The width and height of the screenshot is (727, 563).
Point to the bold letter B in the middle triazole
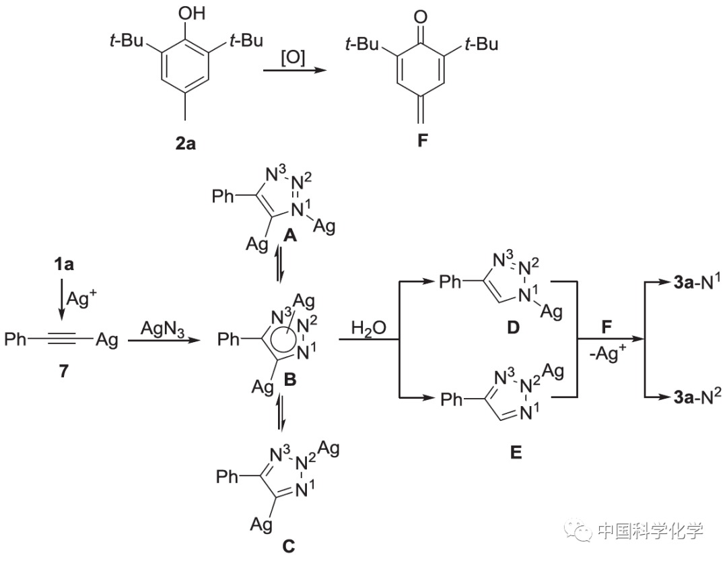(290, 381)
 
